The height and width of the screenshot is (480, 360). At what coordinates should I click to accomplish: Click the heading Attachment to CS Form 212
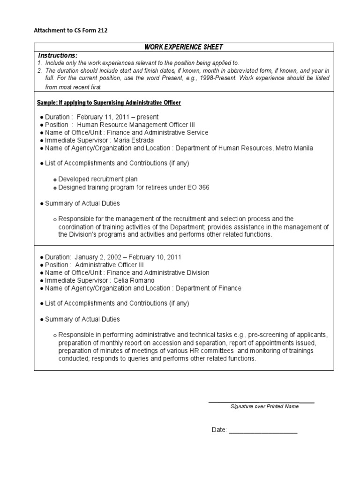(67, 31)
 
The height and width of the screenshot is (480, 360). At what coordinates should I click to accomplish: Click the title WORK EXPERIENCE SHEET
(183, 47)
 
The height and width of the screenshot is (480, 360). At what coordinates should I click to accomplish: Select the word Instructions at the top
(57, 55)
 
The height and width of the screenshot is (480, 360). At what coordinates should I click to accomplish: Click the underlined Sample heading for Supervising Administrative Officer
(109, 103)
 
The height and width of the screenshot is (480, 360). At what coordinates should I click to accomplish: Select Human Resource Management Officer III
(135, 125)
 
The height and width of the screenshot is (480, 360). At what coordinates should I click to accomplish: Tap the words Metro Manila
(294, 148)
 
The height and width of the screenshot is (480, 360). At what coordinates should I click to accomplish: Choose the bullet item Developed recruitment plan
(98, 179)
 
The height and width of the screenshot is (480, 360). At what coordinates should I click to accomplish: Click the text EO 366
(199, 187)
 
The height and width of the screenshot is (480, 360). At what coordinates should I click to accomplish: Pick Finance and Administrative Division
(161, 273)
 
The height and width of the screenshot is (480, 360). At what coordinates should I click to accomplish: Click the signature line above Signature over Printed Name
(261, 402)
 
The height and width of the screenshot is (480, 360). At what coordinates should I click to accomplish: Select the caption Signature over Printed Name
(264, 407)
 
